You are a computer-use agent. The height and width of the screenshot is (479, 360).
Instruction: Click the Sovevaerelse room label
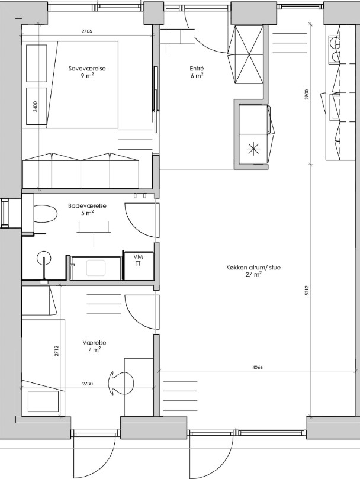[87, 69]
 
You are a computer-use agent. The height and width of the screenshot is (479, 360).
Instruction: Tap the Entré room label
[197, 69]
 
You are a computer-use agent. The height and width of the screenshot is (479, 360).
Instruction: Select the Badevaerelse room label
[87, 206]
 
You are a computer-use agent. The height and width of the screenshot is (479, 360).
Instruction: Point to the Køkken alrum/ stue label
[253, 268]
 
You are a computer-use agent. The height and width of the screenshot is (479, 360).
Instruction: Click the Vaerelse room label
[94, 343]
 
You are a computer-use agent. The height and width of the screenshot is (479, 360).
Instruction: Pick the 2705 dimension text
[87, 31]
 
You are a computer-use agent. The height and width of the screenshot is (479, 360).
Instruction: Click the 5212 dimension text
[307, 290]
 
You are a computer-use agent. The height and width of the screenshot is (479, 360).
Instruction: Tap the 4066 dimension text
[258, 367]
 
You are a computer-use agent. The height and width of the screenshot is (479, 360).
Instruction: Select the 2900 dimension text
[307, 94]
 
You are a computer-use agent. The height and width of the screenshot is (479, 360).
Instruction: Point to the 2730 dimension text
[88, 384]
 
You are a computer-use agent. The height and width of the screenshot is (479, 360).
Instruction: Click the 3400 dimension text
[36, 107]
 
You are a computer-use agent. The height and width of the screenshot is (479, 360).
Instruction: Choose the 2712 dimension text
[56, 351]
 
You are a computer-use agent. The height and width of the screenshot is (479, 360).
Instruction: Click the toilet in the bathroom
[45, 214]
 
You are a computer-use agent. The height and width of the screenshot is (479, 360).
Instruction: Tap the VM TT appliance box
[138, 265]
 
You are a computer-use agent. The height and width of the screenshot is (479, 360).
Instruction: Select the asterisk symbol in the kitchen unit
[254, 149]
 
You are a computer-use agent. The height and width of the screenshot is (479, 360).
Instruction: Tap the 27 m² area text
[253, 274]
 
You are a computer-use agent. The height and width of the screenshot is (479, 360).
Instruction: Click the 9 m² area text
[87, 76]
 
